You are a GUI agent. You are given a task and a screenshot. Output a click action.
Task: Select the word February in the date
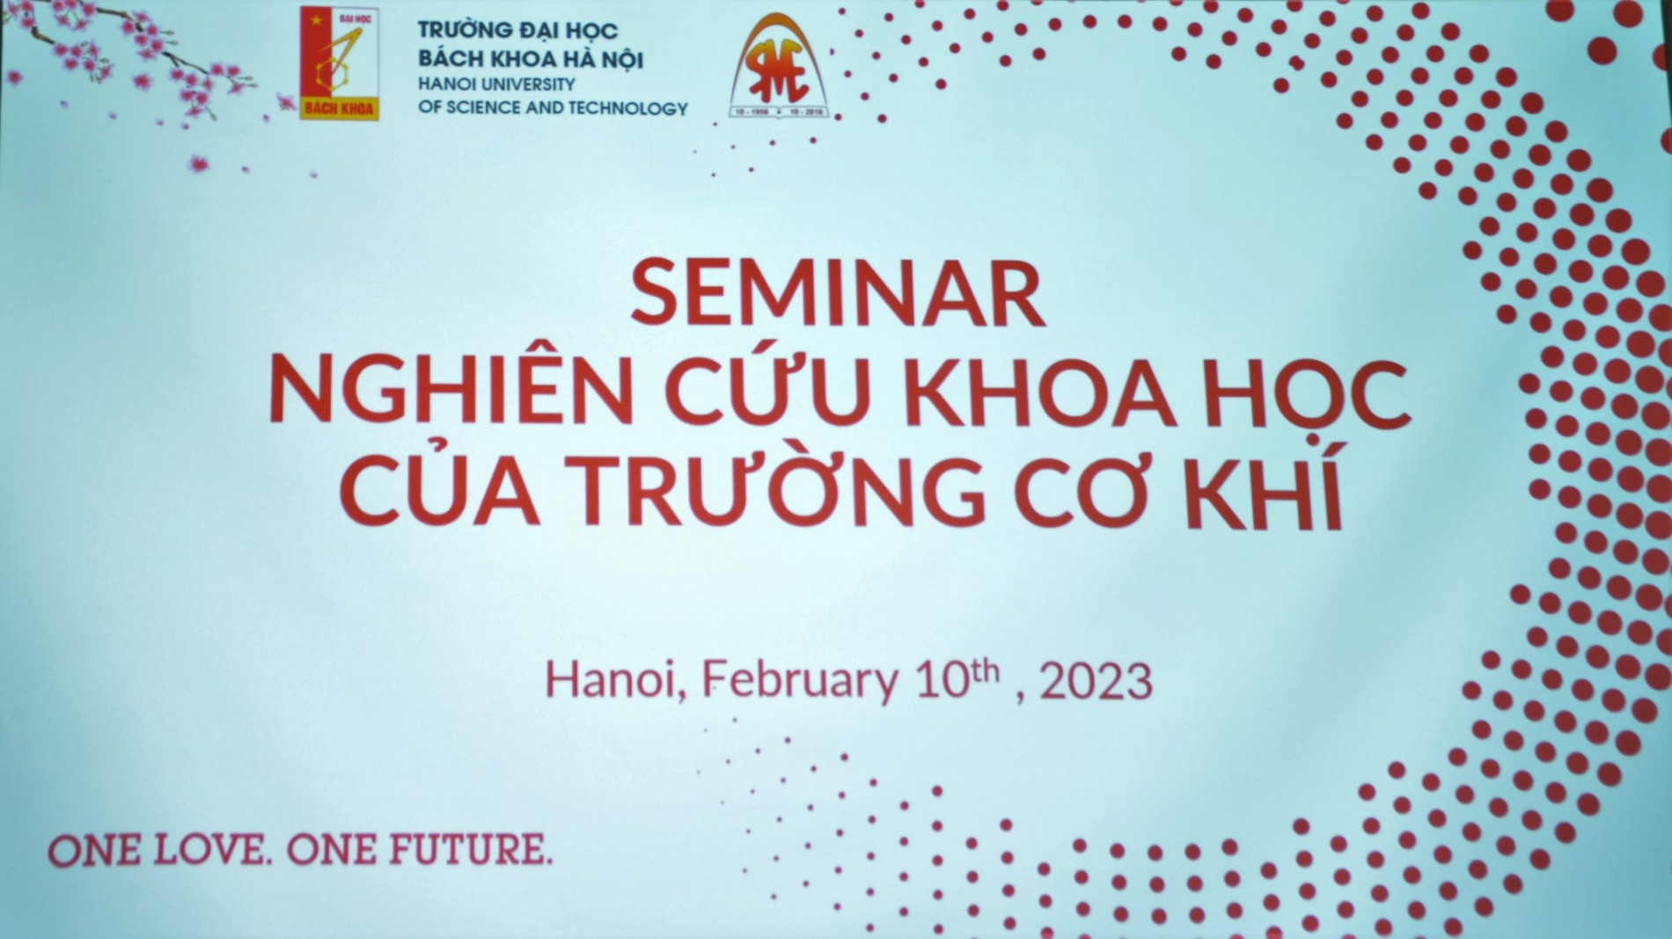(799, 682)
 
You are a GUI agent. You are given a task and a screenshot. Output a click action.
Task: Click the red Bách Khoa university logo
(339, 62)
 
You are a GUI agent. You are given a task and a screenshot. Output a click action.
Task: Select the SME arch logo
(778, 68)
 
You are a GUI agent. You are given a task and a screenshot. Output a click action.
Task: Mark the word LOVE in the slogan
(209, 850)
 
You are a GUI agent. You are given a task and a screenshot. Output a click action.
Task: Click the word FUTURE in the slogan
(469, 849)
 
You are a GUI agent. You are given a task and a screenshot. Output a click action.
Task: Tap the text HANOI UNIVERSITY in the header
(496, 84)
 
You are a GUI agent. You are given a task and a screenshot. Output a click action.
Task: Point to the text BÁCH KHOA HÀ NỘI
(531, 60)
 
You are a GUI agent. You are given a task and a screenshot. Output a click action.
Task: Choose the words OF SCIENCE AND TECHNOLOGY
(553, 108)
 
